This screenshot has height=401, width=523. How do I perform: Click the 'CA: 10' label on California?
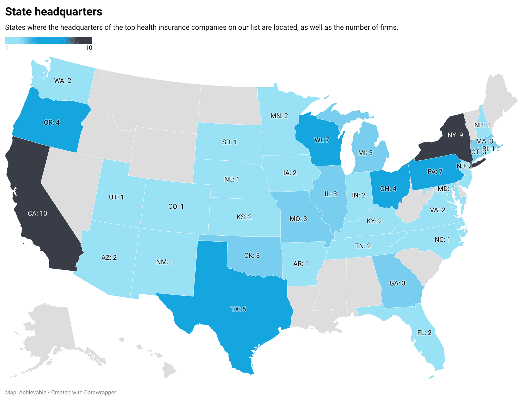click(37, 213)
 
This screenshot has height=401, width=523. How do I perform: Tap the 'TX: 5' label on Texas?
click(238, 309)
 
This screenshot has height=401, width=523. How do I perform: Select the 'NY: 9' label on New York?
click(455, 135)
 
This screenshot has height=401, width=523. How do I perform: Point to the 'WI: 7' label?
click(322, 140)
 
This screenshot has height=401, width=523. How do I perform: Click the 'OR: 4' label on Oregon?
click(52, 122)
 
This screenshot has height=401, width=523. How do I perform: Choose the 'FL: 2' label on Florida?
click(424, 333)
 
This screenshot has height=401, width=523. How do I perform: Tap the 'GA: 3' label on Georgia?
click(397, 283)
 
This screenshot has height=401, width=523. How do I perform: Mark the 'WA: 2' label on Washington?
click(63, 80)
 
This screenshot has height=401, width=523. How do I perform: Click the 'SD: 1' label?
click(229, 142)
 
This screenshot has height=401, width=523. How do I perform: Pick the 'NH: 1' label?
click(482, 125)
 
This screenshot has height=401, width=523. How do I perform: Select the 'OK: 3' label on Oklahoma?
click(252, 255)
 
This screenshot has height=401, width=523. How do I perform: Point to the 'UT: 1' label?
click(116, 197)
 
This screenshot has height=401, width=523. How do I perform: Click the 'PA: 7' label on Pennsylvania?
click(435, 171)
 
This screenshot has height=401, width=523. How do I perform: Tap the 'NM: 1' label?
click(165, 262)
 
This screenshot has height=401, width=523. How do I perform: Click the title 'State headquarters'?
click(54, 12)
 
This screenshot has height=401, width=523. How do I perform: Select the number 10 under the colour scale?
click(89, 48)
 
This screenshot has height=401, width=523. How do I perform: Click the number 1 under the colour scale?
click(7, 48)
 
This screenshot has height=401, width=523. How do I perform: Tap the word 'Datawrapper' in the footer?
click(100, 392)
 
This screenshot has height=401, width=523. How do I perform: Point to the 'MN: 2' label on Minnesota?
click(279, 116)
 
